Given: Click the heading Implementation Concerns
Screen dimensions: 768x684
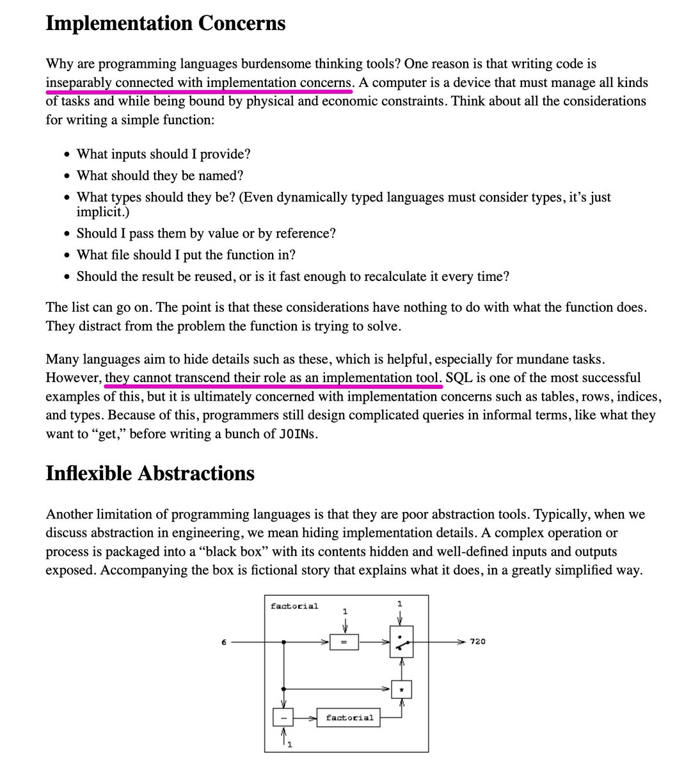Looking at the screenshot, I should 166,23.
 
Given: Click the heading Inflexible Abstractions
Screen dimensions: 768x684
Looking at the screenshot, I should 150,473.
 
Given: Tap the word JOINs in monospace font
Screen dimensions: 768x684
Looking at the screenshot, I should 298,434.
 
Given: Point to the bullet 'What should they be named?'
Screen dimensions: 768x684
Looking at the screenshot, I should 160,175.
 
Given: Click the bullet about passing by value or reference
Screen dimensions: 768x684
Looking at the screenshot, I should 205,234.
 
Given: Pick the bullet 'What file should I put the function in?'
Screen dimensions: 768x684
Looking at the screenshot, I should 186,255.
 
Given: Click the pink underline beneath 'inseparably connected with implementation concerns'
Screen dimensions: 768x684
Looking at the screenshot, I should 199,92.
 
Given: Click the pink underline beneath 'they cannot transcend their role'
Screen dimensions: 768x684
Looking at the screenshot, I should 273,387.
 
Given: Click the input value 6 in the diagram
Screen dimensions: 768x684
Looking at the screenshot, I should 224,642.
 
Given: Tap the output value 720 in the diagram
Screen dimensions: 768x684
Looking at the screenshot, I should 477,641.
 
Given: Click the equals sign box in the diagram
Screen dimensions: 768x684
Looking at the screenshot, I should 344,642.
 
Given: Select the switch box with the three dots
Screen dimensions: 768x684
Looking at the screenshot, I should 401,642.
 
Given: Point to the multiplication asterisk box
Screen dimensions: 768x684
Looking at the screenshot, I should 401,689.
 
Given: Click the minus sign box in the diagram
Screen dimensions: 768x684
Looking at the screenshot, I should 283,717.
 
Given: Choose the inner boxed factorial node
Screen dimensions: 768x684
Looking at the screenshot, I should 349,717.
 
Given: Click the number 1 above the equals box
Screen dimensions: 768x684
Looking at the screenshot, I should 345,611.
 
